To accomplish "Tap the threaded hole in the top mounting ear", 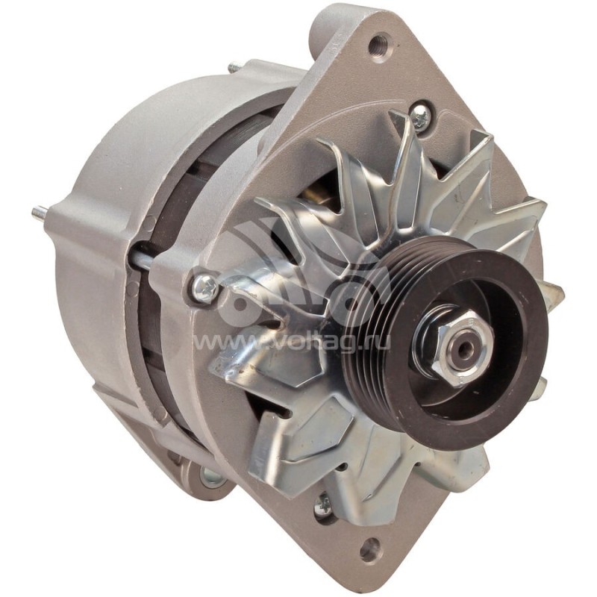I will click(378, 44).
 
